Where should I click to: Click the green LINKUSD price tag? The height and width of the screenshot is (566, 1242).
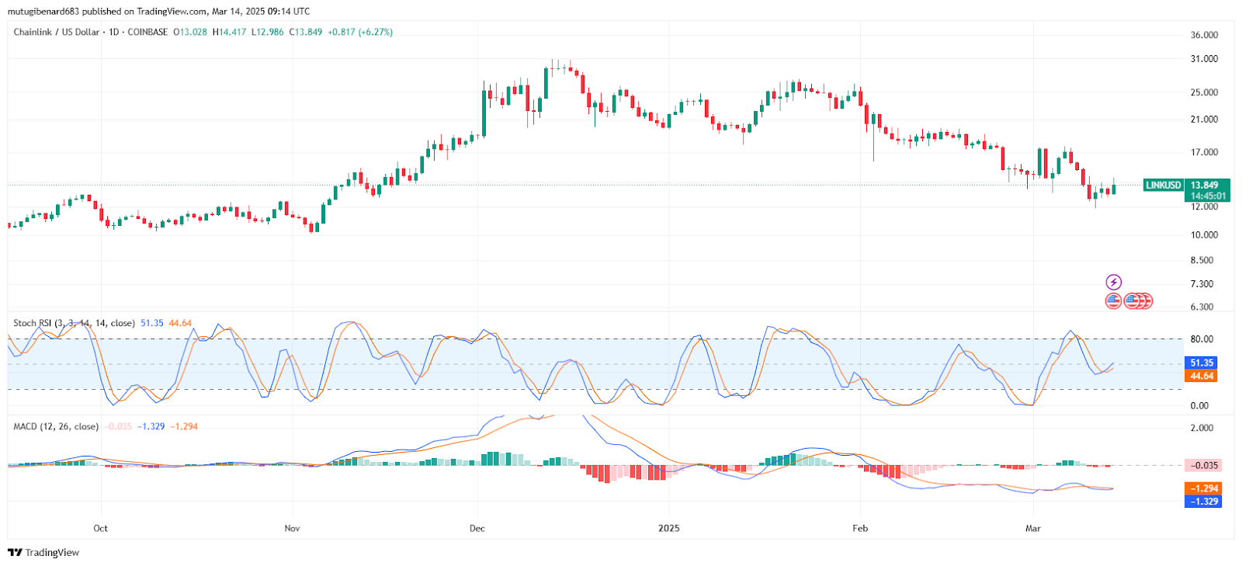(1163, 185)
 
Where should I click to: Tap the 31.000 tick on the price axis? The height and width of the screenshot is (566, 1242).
(1204, 59)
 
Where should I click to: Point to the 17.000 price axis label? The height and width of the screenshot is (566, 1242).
(1204, 152)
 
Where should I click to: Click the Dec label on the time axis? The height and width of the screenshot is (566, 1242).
(477, 529)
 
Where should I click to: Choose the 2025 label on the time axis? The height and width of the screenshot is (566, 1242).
(668, 529)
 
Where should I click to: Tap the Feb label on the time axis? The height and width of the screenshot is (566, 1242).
(860, 529)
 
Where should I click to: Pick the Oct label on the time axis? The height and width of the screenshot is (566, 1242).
(100, 529)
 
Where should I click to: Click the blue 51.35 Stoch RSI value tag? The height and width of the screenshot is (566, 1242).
(1202, 363)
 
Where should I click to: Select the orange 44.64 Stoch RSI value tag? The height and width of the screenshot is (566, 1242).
(1202, 376)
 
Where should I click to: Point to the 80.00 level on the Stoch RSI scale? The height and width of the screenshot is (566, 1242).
(1202, 339)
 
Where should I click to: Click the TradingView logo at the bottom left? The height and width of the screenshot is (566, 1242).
(43, 553)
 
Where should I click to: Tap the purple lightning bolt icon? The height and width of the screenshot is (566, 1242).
(1114, 282)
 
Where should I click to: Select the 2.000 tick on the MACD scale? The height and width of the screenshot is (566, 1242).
(1202, 428)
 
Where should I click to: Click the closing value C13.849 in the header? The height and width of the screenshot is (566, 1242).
(306, 32)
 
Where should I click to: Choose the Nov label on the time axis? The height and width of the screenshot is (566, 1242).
(292, 529)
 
